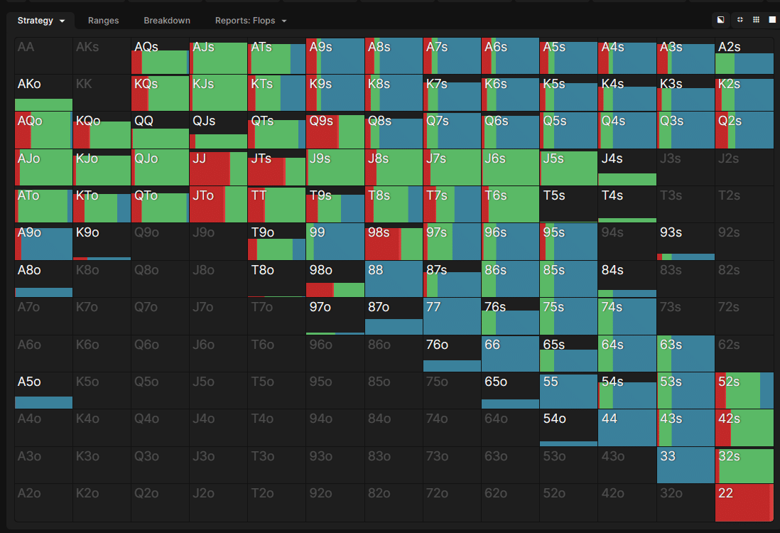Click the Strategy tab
[41, 21]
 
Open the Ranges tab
[103, 21]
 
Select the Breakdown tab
[167, 21]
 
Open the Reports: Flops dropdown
[251, 21]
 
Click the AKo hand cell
[43, 93]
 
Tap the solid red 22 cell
[744, 502]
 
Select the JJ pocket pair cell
[219, 168]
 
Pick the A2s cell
[744, 56]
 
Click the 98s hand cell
[394, 242]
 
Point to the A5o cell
[43, 390]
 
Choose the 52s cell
[744, 390]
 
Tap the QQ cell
[161, 130]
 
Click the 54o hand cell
[568, 428]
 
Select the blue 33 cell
[686, 465]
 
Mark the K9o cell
[102, 242]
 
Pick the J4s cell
[627, 168]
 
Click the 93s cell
[686, 242]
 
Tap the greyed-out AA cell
[43, 56]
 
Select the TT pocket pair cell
[277, 205]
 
